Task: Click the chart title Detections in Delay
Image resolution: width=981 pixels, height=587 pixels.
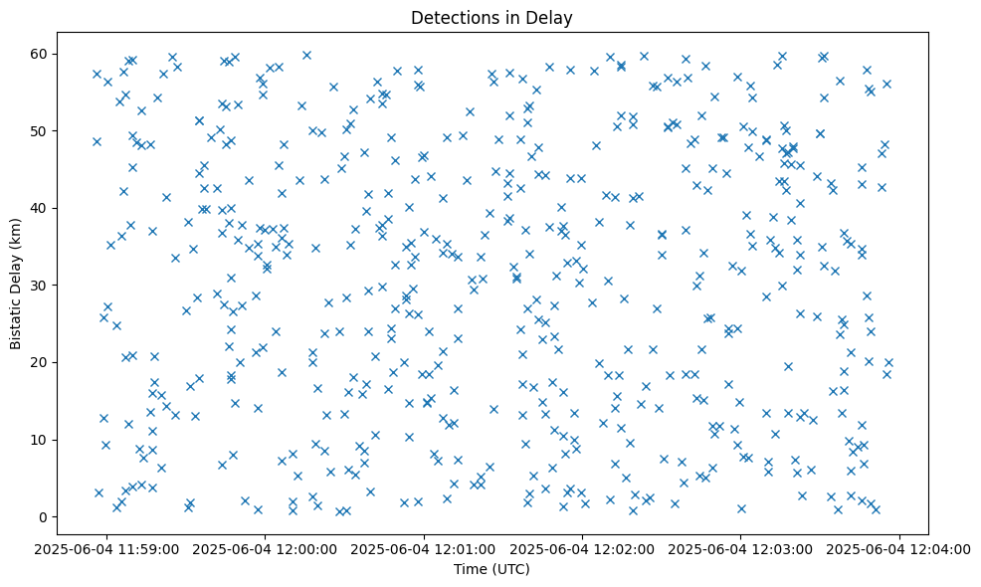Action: coord(491,17)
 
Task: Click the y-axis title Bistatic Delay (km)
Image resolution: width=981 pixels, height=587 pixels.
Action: coord(16,284)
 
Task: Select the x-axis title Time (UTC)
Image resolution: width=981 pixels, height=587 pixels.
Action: coord(491,569)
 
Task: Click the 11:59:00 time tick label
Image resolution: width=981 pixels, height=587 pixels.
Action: coord(105,547)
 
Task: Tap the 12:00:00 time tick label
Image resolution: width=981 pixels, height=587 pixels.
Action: coord(265,547)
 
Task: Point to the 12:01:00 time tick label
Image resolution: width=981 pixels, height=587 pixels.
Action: coord(424,547)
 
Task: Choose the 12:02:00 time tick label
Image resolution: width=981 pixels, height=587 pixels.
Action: coord(583,547)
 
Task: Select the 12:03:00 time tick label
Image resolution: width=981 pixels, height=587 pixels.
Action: coord(741,547)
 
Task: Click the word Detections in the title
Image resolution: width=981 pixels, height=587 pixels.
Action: coord(454,17)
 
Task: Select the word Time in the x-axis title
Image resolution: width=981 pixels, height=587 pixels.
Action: coord(470,569)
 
